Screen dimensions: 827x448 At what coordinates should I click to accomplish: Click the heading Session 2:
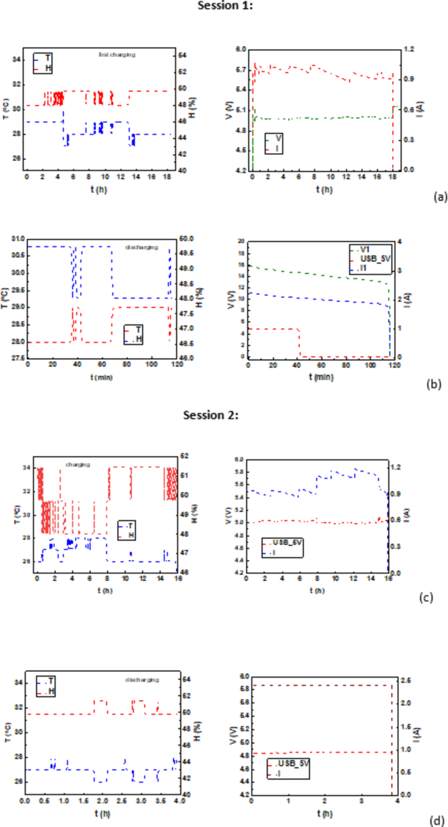(x=207, y=415)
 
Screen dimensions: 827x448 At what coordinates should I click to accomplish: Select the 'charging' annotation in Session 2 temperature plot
(x=77, y=465)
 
